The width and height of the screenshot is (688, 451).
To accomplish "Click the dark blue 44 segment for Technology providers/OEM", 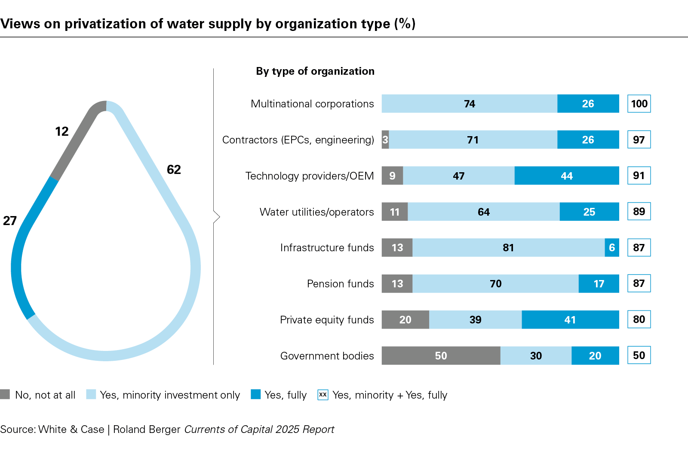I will click(x=567, y=176).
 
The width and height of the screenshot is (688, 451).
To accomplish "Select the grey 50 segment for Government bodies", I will click(x=441, y=356).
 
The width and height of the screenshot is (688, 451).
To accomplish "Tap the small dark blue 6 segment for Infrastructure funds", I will click(x=612, y=248).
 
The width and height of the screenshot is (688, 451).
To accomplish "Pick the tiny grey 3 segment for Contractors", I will click(x=385, y=140).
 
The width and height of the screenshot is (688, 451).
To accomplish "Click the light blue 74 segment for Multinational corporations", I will click(x=470, y=104).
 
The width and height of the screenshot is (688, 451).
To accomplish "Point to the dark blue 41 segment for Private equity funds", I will click(x=570, y=320).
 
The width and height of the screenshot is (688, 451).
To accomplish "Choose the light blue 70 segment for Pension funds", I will click(x=495, y=283).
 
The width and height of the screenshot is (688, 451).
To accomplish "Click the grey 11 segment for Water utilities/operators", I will click(x=395, y=212).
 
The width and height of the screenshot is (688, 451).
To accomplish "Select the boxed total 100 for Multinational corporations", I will click(x=639, y=104).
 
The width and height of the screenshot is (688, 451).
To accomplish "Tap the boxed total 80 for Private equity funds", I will click(x=639, y=320).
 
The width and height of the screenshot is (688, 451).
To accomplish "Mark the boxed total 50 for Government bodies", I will click(x=639, y=356).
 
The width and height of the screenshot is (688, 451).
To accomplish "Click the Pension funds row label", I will click(x=340, y=284).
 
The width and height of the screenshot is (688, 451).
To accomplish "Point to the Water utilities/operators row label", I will click(x=316, y=212).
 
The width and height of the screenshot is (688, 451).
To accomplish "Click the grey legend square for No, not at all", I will click(x=5, y=394).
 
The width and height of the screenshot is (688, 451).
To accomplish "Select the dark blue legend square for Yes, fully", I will click(x=256, y=394).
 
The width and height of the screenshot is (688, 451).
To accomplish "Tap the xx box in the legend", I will click(x=323, y=394).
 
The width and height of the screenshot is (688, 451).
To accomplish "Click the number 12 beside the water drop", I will click(x=62, y=131).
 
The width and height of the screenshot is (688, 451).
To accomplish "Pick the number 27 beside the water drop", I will click(x=10, y=221).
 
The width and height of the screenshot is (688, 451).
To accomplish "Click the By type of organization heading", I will click(x=315, y=71).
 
